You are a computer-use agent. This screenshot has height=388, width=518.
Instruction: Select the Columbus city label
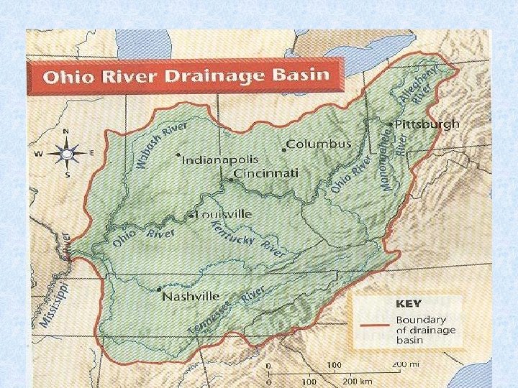coord(319,144)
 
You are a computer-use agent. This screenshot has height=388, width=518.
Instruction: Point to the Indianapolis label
coord(219,160)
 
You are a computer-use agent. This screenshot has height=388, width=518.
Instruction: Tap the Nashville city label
coord(191,296)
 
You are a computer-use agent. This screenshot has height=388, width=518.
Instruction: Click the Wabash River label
coord(161,144)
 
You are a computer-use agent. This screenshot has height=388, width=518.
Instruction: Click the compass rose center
coord(67,153)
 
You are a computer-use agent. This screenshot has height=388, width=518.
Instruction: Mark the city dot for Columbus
coord(283,149)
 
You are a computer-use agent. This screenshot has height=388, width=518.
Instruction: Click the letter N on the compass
coord(66,131)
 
